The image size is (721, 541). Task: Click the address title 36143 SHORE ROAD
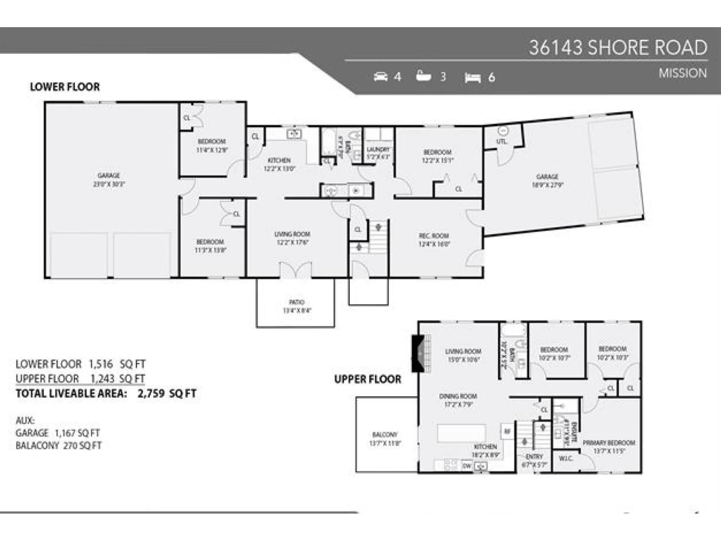click(618, 48)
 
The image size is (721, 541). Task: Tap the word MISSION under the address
click(682, 73)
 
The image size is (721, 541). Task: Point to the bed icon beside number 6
click(473, 78)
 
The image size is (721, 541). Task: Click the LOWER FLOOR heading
click(65, 87)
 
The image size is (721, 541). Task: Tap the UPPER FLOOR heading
click(368, 379)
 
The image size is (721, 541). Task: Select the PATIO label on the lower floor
click(296, 302)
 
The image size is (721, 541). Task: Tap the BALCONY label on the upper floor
click(385, 435)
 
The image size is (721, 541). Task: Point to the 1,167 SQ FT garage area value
click(77, 433)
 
